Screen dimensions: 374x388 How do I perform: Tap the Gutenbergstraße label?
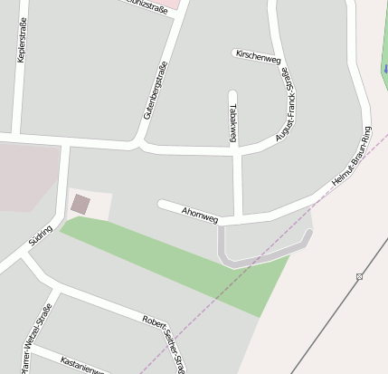click(x=156, y=97)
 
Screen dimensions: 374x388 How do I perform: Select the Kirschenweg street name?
click(x=258, y=56)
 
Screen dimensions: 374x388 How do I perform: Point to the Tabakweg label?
click(x=233, y=122)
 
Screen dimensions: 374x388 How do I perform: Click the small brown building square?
click(x=80, y=204)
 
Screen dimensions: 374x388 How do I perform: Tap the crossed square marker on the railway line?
click(x=359, y=276)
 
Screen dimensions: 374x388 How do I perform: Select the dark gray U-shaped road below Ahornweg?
click(x=262, y=256)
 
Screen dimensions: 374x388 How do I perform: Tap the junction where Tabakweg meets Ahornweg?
click(x=239, y=218)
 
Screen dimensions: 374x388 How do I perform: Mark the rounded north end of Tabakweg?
click(x=233, y=94)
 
